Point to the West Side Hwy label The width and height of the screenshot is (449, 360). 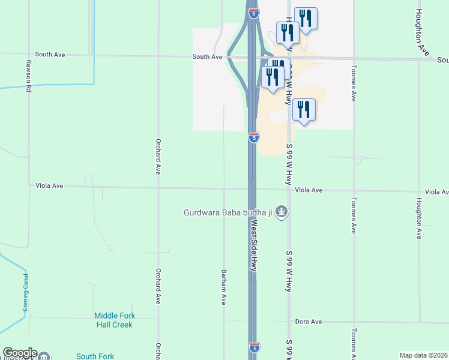(x=253, y=245)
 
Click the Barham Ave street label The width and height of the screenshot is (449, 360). (x=223, y=286)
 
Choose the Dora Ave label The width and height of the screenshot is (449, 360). (x=309, y=322)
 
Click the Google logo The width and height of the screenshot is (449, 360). (x=19, y=353)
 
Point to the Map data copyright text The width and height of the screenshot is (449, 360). (x=423, y=355)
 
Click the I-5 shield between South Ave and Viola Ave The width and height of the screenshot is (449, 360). (x=254, y=137)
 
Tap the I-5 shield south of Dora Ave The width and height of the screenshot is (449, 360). (x=254, y=347)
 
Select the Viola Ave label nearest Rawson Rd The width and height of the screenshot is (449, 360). (x=49, y=186)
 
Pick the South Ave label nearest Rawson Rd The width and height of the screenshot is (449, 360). (x=50, y=55)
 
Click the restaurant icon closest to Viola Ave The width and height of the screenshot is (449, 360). (x=304, y=111)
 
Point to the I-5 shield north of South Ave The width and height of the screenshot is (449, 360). (x=254, y=13)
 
